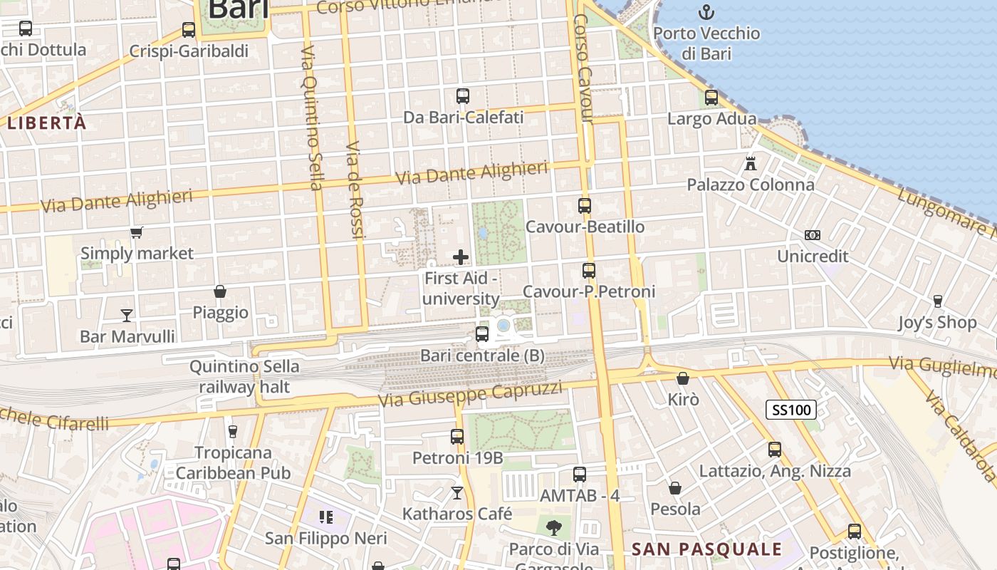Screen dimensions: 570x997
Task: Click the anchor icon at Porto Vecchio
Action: point(706,11)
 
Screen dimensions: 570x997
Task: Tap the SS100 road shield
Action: point(790,410)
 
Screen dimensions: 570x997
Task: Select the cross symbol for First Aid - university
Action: point(461,257)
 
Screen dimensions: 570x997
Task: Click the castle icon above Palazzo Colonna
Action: point(751,163)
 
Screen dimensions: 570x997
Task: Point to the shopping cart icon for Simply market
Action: point(136,232)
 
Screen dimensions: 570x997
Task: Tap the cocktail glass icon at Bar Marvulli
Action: point(127,315)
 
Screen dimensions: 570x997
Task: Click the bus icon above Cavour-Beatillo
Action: point(585,206)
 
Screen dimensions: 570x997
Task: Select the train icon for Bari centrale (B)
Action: point(482,333)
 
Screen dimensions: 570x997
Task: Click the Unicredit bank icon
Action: point(813,235)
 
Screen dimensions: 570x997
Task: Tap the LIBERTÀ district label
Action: point(47,123)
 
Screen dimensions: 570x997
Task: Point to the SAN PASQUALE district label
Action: point(707,549)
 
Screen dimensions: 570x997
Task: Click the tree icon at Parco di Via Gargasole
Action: point(553,528)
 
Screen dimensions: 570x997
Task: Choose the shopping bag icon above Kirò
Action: point(683,378)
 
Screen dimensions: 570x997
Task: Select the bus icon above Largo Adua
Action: point(711,98)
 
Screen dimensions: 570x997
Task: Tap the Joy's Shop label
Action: point(937,322)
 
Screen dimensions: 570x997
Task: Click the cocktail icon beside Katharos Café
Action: point(457,492)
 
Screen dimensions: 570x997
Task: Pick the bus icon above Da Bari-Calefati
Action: point(463,95)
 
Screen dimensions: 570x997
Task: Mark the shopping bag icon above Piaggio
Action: point(220,291)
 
